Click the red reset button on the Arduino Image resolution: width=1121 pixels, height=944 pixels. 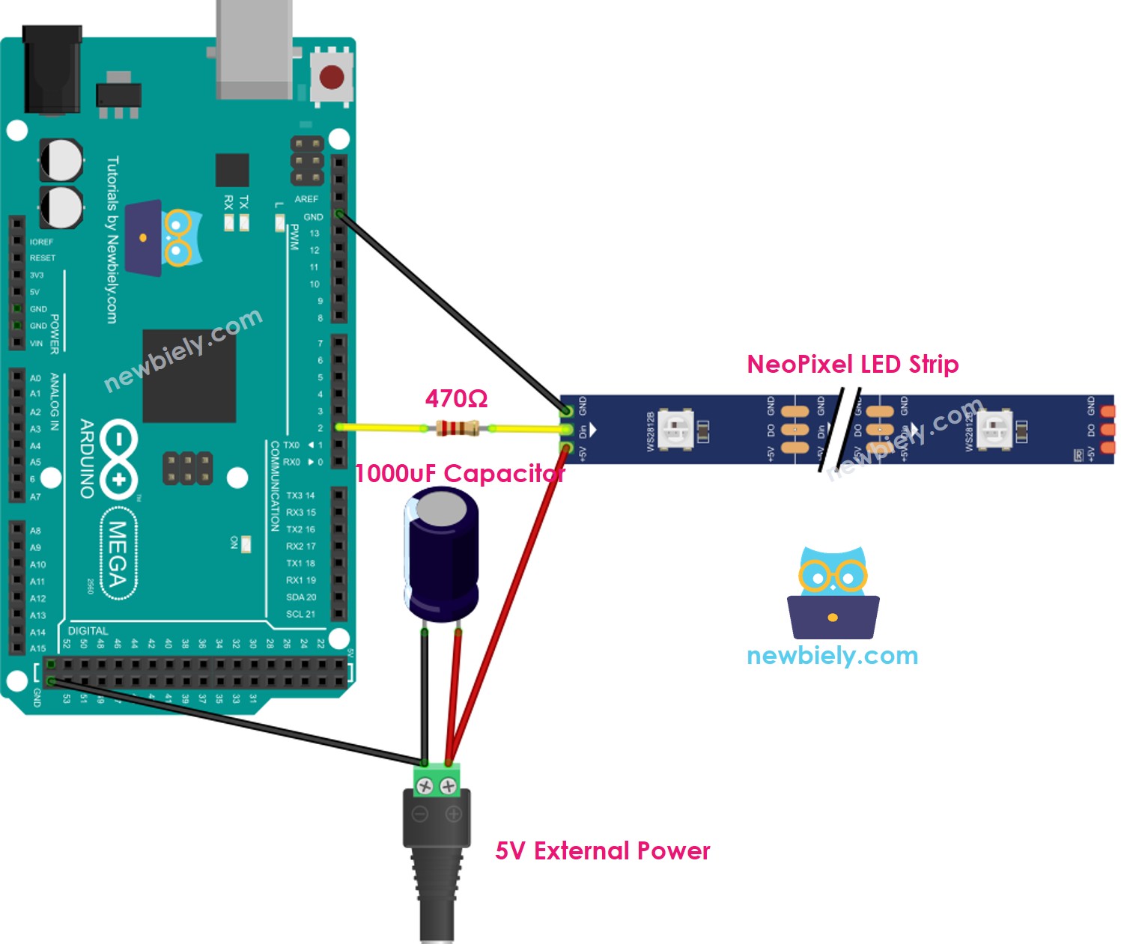click(x=331, y=76)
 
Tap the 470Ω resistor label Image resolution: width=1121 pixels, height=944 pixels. click(x=456, y=398)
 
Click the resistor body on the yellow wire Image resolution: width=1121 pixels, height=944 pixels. click(x=457, y=428)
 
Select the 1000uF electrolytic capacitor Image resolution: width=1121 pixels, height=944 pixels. click(x=441, y=554)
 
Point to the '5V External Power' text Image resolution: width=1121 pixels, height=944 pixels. click(x=602, y=851)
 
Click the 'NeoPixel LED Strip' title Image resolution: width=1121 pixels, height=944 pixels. click(x=852, y=365)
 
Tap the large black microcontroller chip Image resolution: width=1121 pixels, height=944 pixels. click(x=189, y=376)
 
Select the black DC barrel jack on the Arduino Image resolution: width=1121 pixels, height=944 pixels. click(x=52, y=71)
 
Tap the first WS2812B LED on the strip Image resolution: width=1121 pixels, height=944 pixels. click(x=675, y=430)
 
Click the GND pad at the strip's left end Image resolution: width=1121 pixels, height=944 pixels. click(x=567, y=409)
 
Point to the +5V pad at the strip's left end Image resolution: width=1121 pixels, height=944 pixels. click(x=567, y=449)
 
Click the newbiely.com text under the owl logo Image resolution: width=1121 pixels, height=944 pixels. click(x=832, y=656)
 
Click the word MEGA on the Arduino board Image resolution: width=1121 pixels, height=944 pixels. click(x=118, y=554)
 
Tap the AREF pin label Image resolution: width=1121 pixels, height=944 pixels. click(x=306, y=199)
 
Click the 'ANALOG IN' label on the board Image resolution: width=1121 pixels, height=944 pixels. click(x=55, y=402)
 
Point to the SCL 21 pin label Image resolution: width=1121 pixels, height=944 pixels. click(x=300, y=614)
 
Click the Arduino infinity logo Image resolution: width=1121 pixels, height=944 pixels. click(x=118, y=459)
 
